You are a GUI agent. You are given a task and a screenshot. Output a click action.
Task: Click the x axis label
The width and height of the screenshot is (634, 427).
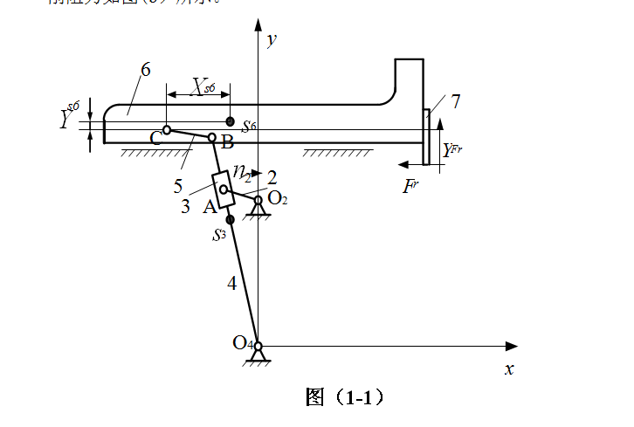pyautogui.click(x=509, y=368)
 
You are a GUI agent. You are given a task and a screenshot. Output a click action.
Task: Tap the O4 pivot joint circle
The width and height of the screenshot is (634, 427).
pyautogui.click(x=258, y=347)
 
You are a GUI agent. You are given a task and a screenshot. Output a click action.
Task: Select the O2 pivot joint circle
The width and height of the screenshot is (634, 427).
pyautogui.click(x=258, y=200)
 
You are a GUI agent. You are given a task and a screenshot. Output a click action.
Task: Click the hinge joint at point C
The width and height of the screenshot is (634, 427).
pyautogui.click(x=166, y=130)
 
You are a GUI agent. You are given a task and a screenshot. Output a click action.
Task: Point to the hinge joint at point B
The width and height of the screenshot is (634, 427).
pyautogui.click(x=211, y=137)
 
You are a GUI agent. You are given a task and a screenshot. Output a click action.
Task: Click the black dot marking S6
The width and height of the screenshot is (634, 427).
pyautogui.click(x=230, y=121)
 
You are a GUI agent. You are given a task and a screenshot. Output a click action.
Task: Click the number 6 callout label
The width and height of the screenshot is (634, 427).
pyautogui.click(x=146, y=70)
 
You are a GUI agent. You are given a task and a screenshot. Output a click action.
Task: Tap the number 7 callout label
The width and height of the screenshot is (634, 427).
pyautogui.click(x=455, y=101)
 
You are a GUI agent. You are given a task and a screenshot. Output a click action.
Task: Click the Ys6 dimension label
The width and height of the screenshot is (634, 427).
pyautogui.click(x=69, y=116)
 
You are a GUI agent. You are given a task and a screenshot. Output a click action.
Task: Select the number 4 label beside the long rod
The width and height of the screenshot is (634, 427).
pyautogui.click(x=231, y=282)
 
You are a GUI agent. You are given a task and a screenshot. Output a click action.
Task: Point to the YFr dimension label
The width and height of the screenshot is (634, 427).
pyautogui.click(x=451, y=149)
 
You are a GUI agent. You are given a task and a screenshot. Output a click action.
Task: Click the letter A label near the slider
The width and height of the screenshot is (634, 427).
pyautogui.click(x=209, y=207)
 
